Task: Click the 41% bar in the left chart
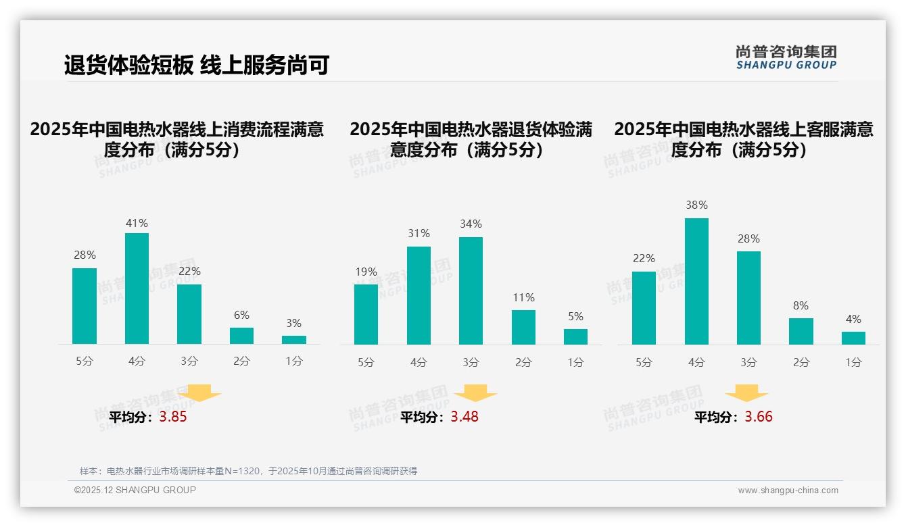[x=137, y=288]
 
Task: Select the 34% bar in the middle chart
[x=471, y=291]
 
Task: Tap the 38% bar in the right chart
[x=696, y=281]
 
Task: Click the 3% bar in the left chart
[x=293, y=340]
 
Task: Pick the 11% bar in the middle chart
[x=523, y=327]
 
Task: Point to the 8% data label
[x=801, y=306]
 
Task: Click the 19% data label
[x=366, y=272]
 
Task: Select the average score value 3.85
[x=173, y=417]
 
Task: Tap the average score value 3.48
[x=464, y=417]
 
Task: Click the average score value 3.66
[x=759, y=417]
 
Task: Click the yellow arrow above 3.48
[x=475, y=393]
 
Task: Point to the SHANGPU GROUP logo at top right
[x=786, y=57]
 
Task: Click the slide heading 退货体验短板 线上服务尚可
[x=196, y=66]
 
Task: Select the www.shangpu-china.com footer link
[x=788, y=491]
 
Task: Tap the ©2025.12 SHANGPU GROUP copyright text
[x=135, y=490]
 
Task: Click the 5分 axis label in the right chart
[x=644, y=363]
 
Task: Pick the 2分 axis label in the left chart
[x=241, y=361]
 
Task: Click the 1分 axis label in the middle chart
[x=575, y=363]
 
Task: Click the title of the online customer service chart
[x=744, y=139]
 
